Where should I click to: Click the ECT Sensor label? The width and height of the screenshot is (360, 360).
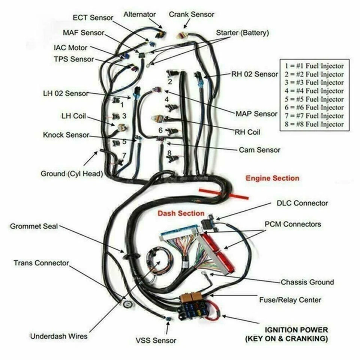(93, 18)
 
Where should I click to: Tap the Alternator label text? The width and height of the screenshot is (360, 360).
(139, 14)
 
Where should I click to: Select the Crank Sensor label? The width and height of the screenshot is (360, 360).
(191, 14)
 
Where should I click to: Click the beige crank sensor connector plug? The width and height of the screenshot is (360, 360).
(181, 36)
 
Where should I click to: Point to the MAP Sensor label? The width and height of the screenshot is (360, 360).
(256, 114)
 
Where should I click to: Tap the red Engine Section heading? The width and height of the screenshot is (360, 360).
(272, 178)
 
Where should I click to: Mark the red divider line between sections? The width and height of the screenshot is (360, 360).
(223, 193)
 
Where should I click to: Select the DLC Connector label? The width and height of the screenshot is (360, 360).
(302, 203)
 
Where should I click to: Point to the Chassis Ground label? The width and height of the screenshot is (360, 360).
(307, 282)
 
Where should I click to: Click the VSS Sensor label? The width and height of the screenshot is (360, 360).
(156, 340)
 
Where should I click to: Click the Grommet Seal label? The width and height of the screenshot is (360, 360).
(34, 226)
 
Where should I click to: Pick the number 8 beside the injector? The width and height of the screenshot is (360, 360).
(169, 153)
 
